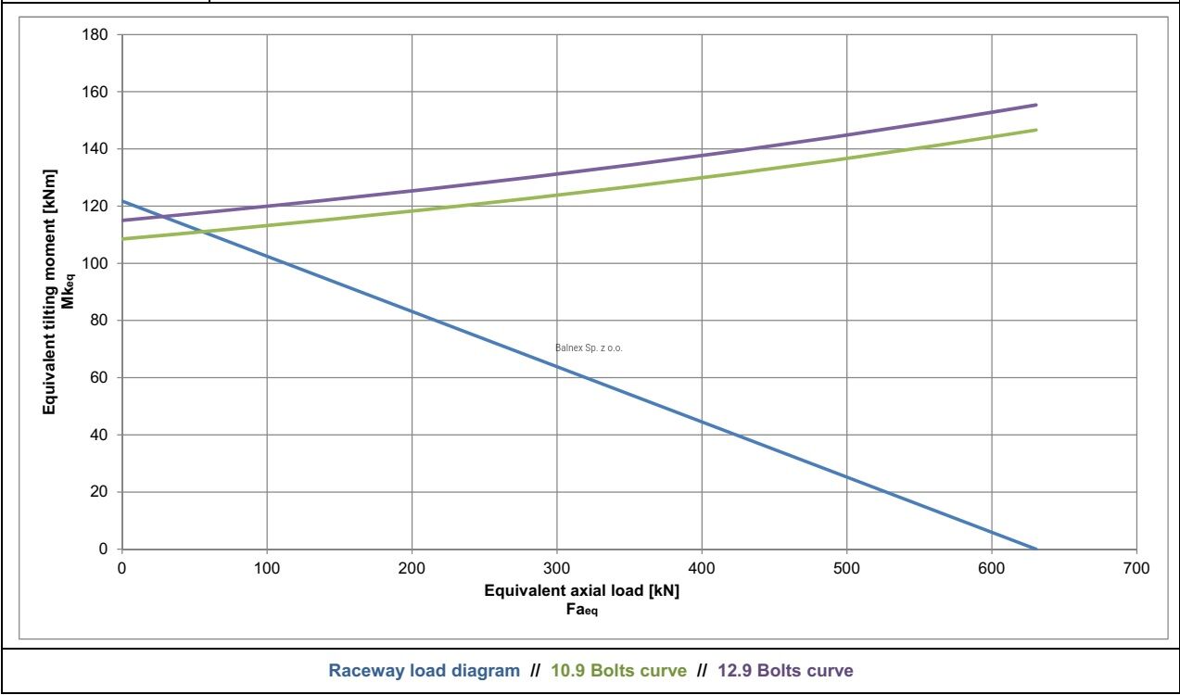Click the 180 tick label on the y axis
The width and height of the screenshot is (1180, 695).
pos(95,35)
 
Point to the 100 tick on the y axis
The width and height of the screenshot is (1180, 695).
pos(95,263)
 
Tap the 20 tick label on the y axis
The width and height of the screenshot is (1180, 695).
pos(99,492)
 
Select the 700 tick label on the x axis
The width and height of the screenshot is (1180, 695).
pos(1136,569)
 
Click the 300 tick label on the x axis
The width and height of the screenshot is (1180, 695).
pos(557,569)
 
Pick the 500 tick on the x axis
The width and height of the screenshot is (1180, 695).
pos(846,569)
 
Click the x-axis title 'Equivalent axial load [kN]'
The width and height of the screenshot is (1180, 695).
pos(581,591)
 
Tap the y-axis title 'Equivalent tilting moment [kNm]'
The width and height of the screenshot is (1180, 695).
pos(49,292)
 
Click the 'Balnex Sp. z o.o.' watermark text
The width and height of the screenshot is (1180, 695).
pos(589,348)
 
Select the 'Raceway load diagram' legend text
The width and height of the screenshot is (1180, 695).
pos(424,671)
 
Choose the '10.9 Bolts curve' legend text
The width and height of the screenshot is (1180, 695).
pos(619,671)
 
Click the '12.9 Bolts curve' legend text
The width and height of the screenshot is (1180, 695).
pos(785,671)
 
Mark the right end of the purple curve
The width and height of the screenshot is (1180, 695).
pos(1036,105)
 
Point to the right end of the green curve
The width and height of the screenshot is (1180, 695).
pos(1036,130)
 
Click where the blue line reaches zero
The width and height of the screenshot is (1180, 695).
pos(1036,549)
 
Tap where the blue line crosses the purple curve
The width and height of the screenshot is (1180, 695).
pos(165,217)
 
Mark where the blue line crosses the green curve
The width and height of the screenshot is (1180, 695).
pos(202,231)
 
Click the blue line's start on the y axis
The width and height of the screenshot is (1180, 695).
pos(122,201)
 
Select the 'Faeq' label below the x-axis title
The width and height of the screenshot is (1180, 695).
pos(582,610)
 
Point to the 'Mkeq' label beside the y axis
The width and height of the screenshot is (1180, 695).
pos(68,291)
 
